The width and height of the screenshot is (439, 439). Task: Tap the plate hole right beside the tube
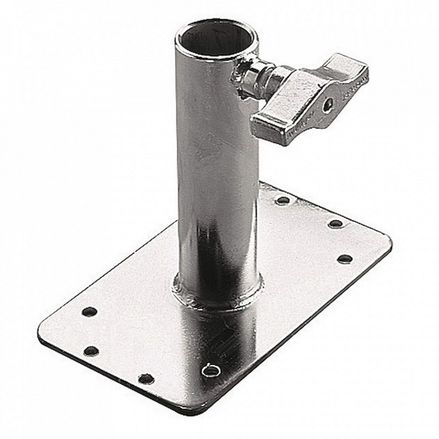284,199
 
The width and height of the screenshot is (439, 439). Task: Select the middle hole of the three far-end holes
336,223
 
